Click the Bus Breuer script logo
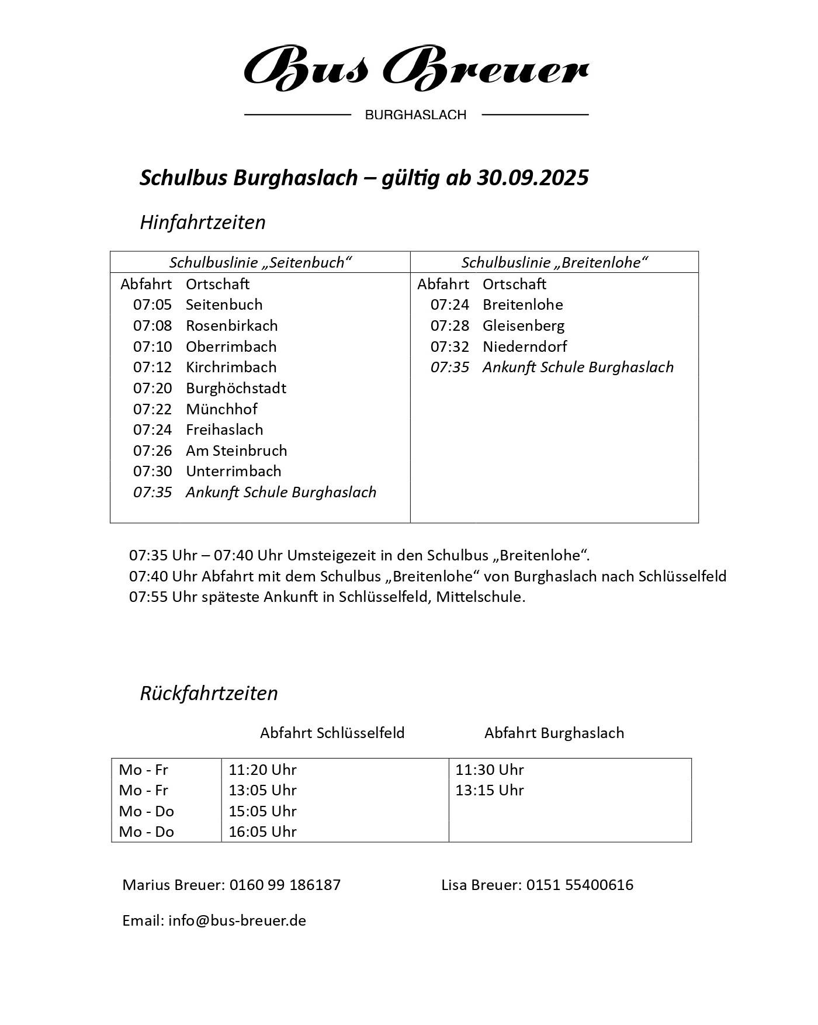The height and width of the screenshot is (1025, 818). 415,68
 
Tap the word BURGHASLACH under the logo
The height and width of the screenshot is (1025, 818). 415,115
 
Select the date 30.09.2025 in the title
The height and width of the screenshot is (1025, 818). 532,178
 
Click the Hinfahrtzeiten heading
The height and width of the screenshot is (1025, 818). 203,223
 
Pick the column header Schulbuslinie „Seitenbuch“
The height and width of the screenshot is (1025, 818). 260,262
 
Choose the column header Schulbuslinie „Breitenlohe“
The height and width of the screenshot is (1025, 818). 554,262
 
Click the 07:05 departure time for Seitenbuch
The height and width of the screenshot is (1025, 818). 152,305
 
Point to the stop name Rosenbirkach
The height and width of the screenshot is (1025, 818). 231,325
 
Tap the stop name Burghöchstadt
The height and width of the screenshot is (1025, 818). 236,388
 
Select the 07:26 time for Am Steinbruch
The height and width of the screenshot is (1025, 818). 152,451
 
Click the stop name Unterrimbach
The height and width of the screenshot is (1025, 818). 233,471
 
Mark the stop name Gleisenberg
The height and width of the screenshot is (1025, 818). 524,325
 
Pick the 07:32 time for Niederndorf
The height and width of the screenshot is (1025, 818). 449,347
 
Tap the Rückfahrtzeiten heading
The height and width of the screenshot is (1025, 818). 209,693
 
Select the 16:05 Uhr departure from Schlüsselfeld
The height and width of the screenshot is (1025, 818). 262,832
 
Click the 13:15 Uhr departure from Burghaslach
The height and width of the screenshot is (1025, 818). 490,790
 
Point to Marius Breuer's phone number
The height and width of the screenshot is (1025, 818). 285,885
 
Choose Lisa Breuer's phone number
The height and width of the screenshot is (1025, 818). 580,885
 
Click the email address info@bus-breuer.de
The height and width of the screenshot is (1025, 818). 237,920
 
